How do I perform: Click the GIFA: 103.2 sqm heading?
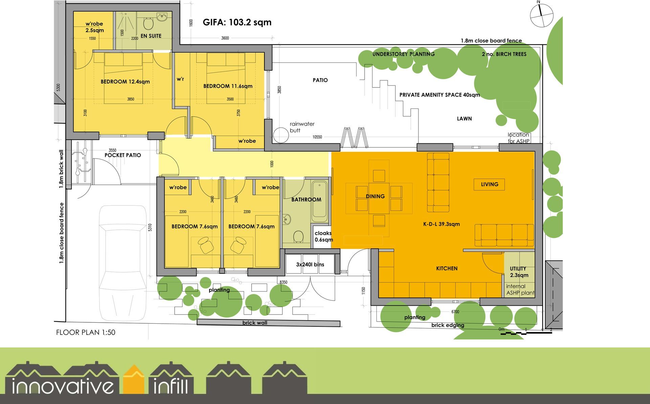tap(237, 22)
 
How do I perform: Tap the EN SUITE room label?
tap(151, 36)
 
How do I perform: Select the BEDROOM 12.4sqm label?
tap(125, 82)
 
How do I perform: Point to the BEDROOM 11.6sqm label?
tap(228, 86)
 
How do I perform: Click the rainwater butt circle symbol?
tap(281, 135)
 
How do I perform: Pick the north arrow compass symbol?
tap(541, 15)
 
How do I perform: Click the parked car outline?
tap(123, 263)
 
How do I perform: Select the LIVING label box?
tap(489, 184)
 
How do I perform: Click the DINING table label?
tap(375, 196)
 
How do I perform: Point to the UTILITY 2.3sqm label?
tap(519, 272)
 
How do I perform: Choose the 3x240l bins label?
tap(310, 265)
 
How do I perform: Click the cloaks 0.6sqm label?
tap(324, 237)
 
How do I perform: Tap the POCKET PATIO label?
tap(123, 155)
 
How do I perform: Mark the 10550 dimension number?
tap(317, 137)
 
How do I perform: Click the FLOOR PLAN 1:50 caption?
tap(86, 332)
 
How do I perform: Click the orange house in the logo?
tap(134, 380)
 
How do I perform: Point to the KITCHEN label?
tap(447, 268)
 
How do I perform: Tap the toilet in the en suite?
tap(148, 23)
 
